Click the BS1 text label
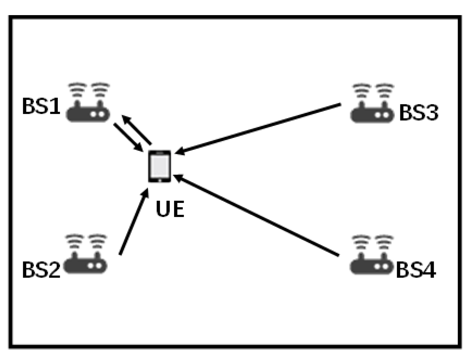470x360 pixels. [x=41, y=106]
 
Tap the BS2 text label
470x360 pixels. [x=41, y=270]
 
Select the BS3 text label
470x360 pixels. [x=419, y=113]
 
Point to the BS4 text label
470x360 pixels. [x=416, y=270]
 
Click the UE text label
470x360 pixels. [x=170, y=209]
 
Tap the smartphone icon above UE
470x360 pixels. [x=160, y=166]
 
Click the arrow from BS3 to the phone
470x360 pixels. [x=259, y=129]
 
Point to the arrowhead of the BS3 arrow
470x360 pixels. [x=179, y=152]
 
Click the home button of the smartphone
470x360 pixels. [x=160, y=180]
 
